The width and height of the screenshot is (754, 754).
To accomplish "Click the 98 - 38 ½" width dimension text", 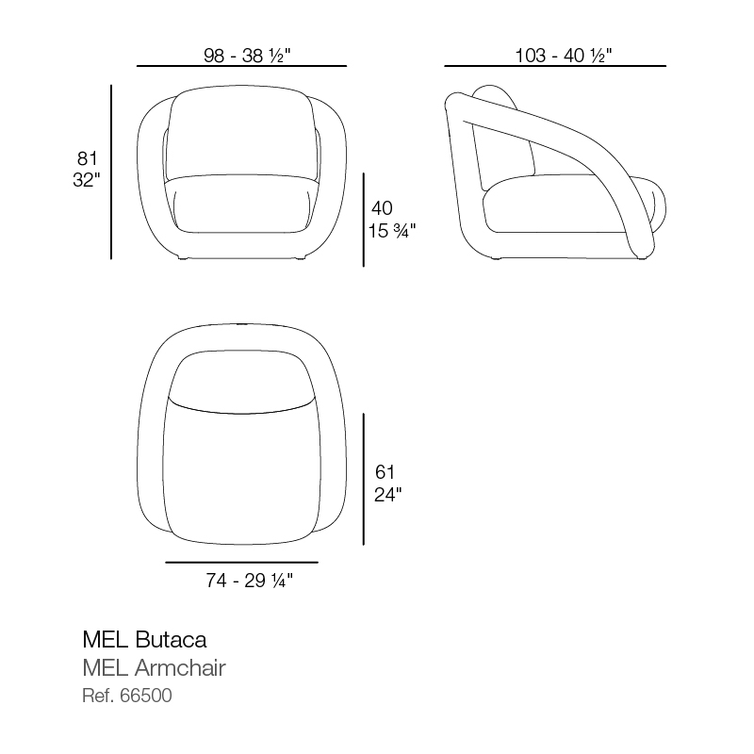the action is coord(247,56).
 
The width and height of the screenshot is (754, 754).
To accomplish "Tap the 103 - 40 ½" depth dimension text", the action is coord(563,56).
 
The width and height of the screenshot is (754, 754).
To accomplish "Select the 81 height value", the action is coord(87,158).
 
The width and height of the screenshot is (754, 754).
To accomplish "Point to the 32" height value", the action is coord(87,180).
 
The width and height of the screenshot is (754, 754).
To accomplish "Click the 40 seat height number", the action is coord(382,208).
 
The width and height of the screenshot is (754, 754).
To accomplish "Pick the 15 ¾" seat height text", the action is coord(391,230).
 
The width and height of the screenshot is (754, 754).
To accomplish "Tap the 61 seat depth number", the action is coord(385,472).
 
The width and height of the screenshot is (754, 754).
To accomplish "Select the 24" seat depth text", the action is coord(387,494).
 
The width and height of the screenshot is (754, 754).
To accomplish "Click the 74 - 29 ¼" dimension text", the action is coord(249,581).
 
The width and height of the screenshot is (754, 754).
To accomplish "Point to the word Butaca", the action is coord(172,640).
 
